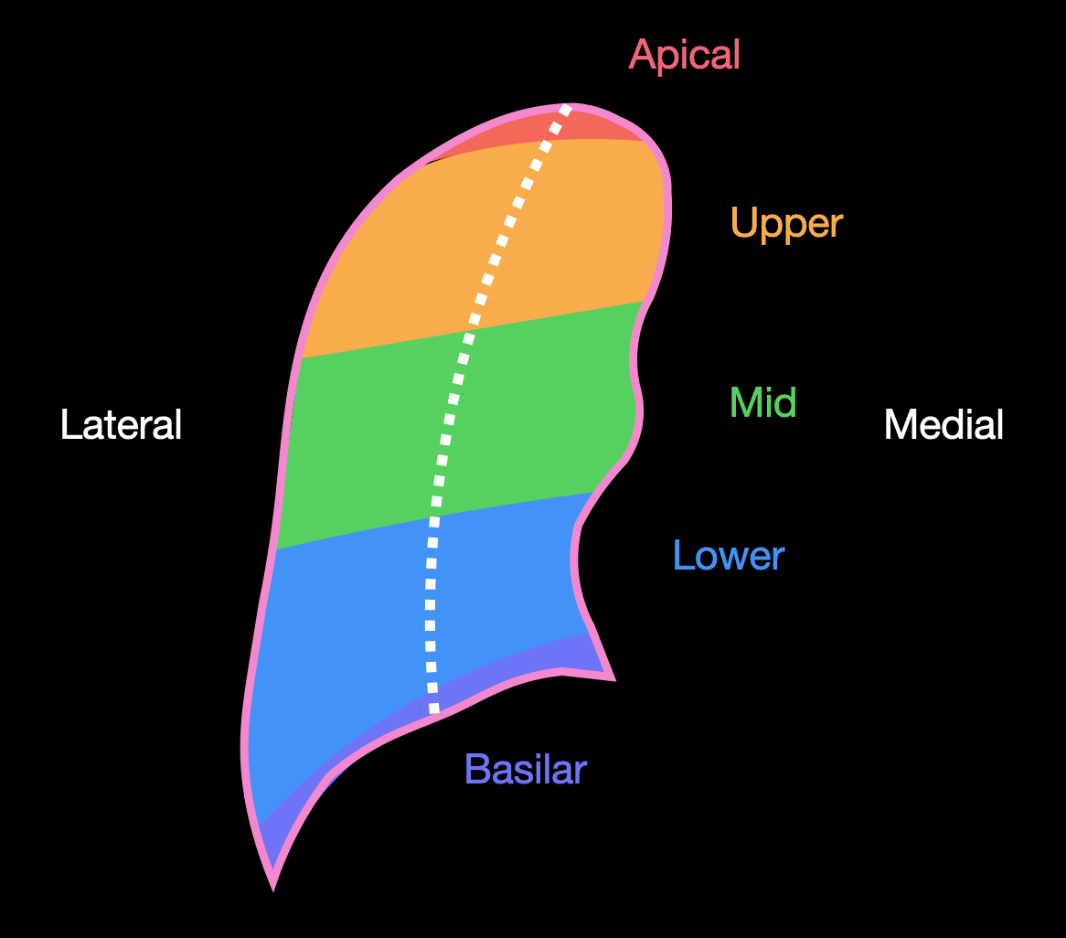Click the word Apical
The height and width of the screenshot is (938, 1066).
(684, 55)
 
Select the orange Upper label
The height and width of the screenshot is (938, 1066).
(786, 223)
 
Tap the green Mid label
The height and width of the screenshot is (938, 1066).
(762, 402)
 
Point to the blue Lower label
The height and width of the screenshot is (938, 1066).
(728, 555)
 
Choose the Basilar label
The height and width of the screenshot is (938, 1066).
(525, 770)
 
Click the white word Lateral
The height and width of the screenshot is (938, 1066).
(122, 425)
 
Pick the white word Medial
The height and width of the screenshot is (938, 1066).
(943, 425)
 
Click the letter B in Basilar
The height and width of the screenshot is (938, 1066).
(475, 770)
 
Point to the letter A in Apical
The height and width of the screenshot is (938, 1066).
(641, 55)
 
